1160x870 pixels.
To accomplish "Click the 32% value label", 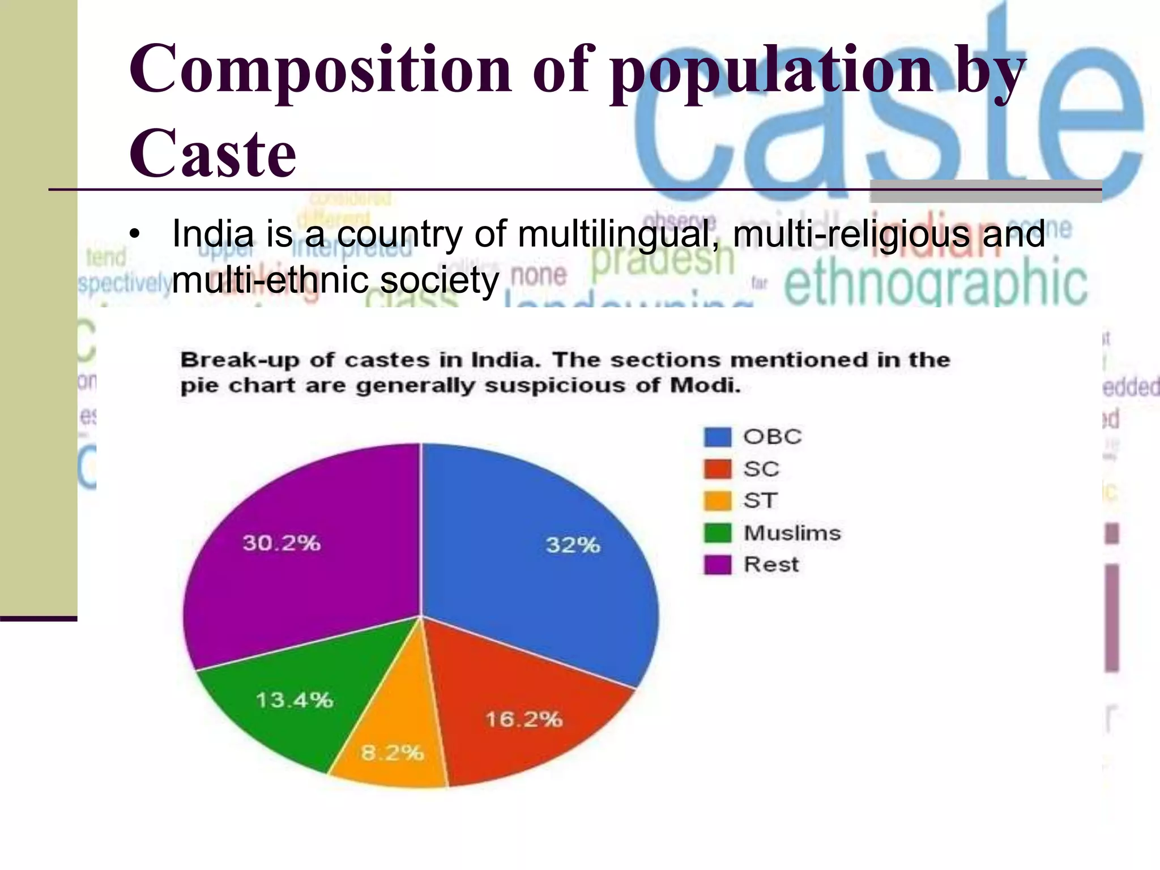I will point(573,545).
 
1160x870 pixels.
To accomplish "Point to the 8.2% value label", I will point(392,753).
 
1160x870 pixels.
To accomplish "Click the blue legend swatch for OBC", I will point(717,437).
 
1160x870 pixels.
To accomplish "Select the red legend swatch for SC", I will point(717,469).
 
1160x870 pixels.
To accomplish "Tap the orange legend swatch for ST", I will point(717,501).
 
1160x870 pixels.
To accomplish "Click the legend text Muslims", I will point(792,533).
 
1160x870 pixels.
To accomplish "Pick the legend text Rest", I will point(771,565).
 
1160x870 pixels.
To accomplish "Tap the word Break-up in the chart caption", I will point(240,360).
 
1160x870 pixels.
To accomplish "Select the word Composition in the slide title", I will point(321,70).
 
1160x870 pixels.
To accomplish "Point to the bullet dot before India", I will point(134,234).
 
